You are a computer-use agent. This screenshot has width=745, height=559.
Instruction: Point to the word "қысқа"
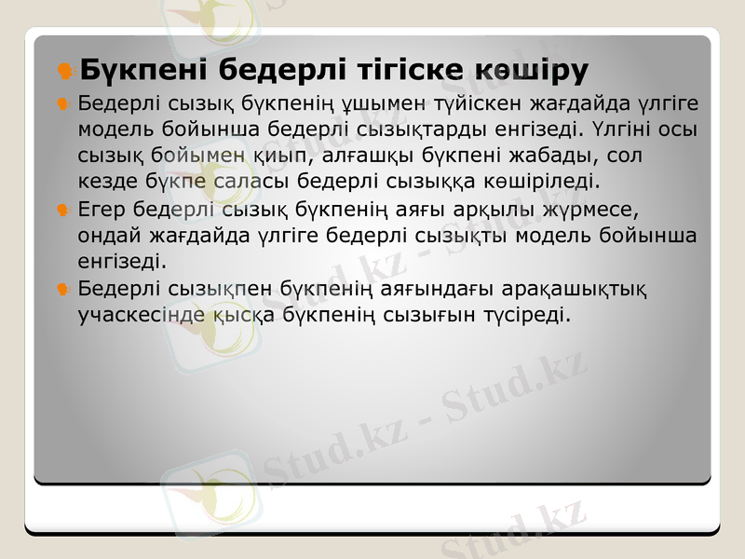237,313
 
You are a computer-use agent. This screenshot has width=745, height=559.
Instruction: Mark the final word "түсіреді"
517,313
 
